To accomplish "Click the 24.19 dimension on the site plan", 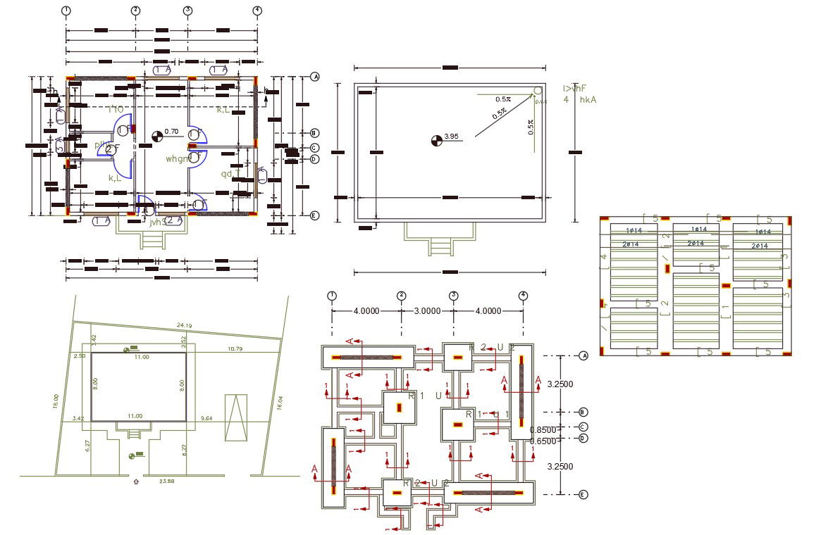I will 184,325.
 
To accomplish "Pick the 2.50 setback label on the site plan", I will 79,356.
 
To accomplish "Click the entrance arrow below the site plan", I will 135,483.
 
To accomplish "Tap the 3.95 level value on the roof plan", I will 452,137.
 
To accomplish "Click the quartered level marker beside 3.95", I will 437,141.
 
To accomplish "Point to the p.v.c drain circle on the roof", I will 538,92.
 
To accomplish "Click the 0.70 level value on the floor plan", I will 171,132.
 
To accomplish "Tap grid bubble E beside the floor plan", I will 315,216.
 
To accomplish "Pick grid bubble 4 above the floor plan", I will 257,11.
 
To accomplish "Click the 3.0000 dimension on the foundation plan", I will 427,311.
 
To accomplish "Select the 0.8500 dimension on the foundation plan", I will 543,430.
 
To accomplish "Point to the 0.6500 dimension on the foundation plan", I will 543,441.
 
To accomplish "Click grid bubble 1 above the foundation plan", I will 332,296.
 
